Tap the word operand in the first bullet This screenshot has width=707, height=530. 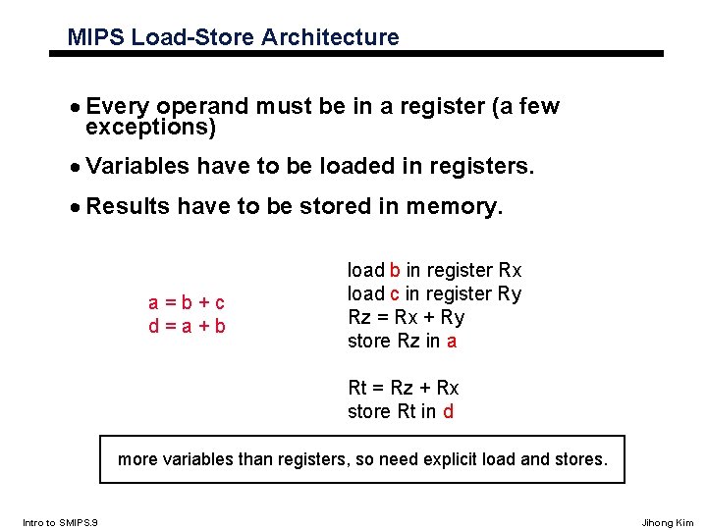click(204, 107)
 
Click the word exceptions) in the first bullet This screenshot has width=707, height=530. click(150, 128)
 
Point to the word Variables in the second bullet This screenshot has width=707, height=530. click(137, 167)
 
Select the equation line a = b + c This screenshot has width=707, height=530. click(187, 302)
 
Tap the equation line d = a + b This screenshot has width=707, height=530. click(187, 326)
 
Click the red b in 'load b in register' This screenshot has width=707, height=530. click(395, 270)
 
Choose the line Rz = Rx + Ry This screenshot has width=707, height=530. click(407, 317)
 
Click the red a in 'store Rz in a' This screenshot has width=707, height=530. click(452, 342)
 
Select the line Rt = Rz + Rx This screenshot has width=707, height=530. click(404, 388)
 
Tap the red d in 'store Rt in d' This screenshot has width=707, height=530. click(448, 412)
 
